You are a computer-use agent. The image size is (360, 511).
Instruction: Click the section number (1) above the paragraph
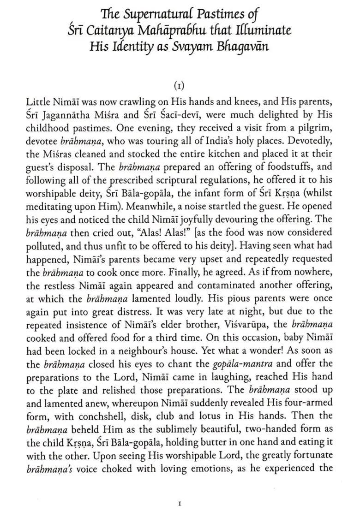pos(180,86)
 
